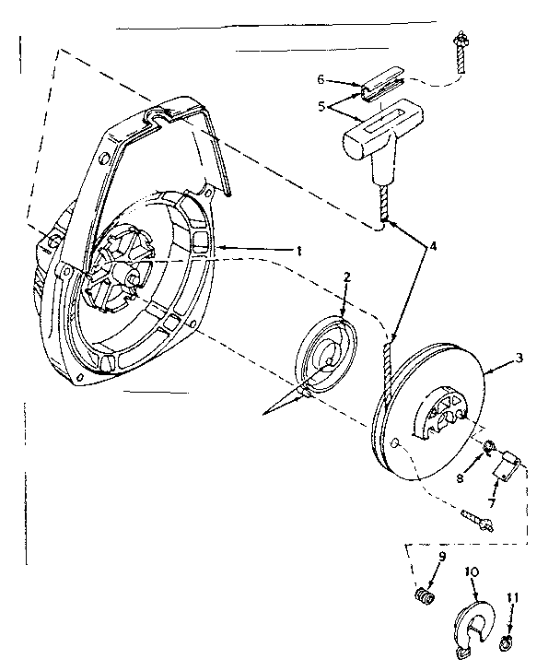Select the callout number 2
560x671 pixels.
click(x=346, y=276)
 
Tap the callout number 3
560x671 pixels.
click(x=521, y=358)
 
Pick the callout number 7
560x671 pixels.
click(x=491, y=503)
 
